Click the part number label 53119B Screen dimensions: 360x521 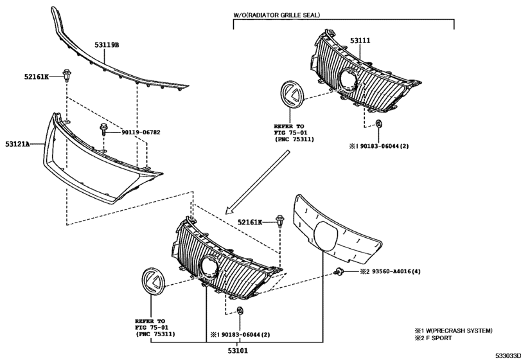click(107, 46)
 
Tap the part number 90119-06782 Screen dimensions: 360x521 click(141, 132)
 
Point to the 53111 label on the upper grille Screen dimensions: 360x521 click(360, 40)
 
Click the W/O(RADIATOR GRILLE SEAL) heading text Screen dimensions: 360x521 click(277, 14)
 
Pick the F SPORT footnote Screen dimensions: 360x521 click(441, 338)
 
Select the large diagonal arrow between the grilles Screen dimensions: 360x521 click(261, 181)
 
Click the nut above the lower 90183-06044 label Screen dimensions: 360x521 click(240, 312)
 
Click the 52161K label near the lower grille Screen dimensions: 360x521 click(250, 222)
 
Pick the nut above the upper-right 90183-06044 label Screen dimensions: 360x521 click(379, 124)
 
